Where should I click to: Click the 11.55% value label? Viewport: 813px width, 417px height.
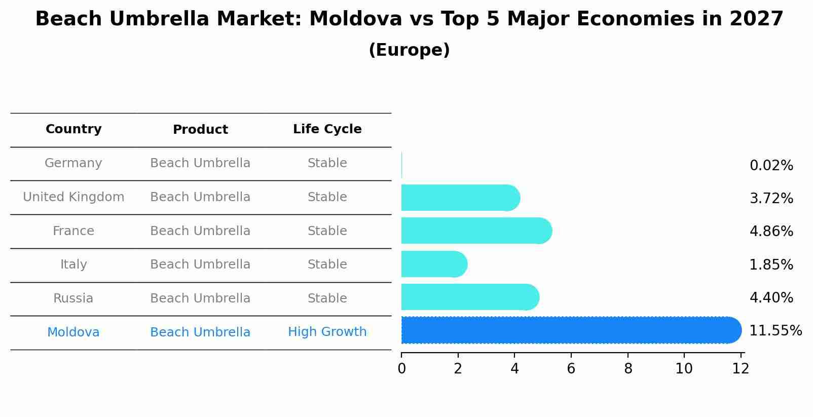pyautogui.click(x=775, y=331)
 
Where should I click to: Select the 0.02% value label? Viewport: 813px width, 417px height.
pyautogui.click(x=771, y=166)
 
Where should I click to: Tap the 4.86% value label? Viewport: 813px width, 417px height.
pyautogui.click(x=771, y=232)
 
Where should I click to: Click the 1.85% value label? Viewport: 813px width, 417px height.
pyautogui.click(x=771, y=265)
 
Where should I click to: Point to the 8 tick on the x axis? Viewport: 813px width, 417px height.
pyautogui.click(x=628, y=369)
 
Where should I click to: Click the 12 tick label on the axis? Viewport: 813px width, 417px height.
pyautogui.click(x=741, y=369)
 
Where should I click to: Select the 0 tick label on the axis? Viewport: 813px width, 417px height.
pyautogui.click(x=401, y=369)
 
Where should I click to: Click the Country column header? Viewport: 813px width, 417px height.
pyautogui.click(x=73, y=129)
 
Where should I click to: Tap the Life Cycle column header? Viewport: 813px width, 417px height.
pyautogui.click(x=327, y=129)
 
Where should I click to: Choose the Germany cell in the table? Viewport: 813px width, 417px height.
pyautogui.click(x=73, y=163)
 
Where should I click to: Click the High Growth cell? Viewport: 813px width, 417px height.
pyautogui.click(x=327, y=332)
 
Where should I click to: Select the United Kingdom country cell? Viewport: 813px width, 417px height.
pyautogui.click(x=73, y=197)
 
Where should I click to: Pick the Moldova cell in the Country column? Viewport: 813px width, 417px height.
pyautogui.click(x=73, y=332)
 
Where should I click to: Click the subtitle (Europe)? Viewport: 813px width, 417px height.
pyautogui.click(x=409, y=50)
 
